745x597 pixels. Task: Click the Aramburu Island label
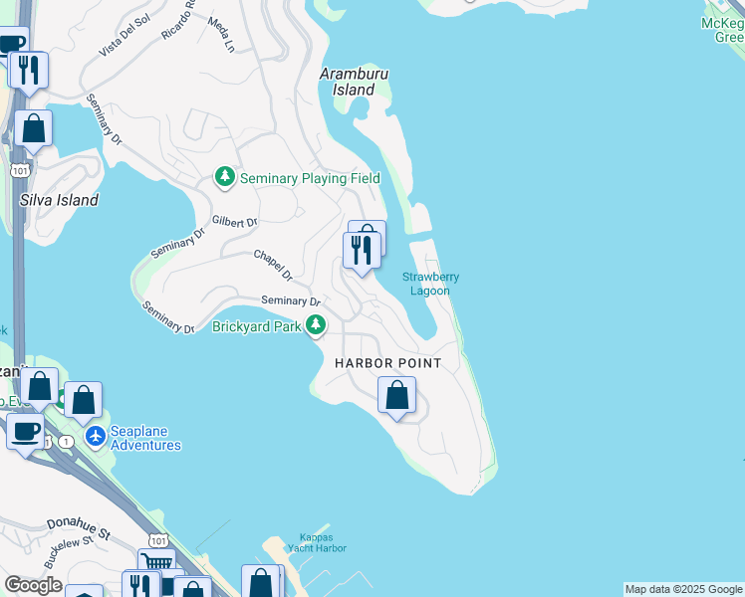352,82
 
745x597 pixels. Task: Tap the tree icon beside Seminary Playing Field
225,178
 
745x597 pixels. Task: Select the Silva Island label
60,200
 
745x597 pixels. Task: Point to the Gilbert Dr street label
235,222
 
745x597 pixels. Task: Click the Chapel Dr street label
272,264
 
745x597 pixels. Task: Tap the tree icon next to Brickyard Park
316,325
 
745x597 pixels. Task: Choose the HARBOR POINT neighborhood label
387,363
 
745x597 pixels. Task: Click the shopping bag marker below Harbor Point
396,395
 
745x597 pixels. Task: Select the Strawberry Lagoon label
430,284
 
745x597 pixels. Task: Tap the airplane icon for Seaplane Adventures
96,436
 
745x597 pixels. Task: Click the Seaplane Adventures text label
145,439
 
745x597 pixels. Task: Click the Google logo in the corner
33,585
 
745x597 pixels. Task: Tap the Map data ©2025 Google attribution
683,589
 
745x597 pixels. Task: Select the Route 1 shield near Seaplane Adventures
66,441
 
